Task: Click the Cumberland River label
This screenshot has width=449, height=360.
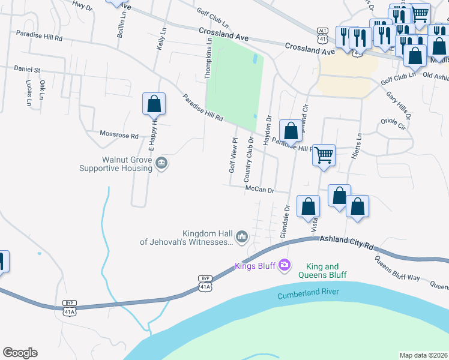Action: pyautogui.click(x=308, y=294)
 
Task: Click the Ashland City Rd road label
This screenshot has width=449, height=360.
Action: pyautogui.click(x=346, y=242)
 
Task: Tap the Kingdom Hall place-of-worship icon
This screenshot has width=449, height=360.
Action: pyautogui.click(x=242, y=236)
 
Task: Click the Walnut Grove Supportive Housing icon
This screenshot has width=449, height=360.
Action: pyautogui.click(x=161, y=163)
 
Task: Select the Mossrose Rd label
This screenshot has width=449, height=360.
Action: pyautogui.click(x=119, y=136)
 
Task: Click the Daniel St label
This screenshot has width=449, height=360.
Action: pyautogui.click(x=27, y=70)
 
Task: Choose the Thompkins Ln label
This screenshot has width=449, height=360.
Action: pyautogui.click(x=209, y=58)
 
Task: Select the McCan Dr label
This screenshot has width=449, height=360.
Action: pyautogui.click(x=259, y=190)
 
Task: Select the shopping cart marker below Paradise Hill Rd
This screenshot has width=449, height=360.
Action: pyautogui.click(x=324, y=155)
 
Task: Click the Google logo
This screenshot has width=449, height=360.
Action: pyautogui.click(x=20, y=353)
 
